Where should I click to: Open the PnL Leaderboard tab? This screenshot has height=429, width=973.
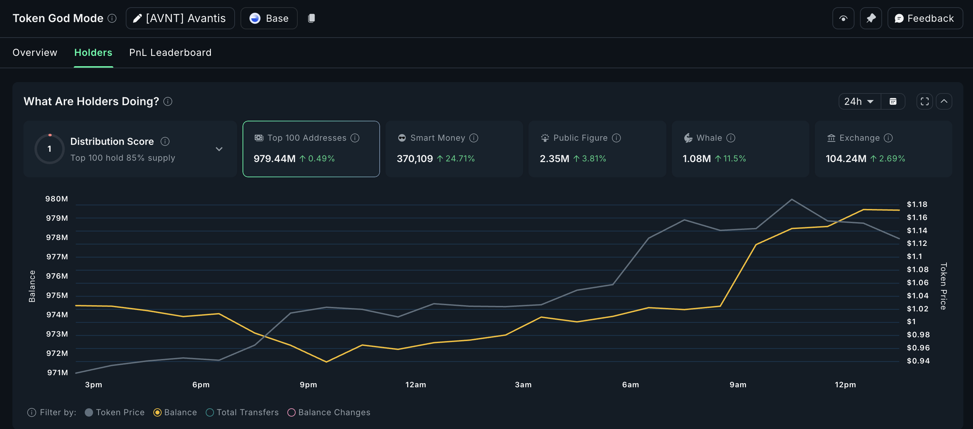click(x=170, y=52)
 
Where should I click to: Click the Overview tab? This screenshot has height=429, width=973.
click(x=35, y=52)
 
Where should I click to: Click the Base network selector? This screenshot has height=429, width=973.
click(x=269, y=18)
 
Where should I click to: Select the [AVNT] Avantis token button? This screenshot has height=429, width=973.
click(x=180, y=18)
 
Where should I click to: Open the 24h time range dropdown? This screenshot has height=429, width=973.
click(x=859, y=101)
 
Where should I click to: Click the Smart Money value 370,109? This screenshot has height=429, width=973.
click(x=414, y=159)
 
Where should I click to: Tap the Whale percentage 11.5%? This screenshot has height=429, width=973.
click(x=734, y=159)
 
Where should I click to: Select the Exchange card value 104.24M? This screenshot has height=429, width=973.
click(x=846, y=159)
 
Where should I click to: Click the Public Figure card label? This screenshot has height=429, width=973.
click(x=580, y=138)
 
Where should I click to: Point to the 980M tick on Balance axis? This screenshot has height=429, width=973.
click(x=57, y=199)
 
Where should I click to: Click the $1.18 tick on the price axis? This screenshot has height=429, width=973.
click(x=917, y=204)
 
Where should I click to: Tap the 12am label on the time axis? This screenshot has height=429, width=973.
click(x=416, y=385)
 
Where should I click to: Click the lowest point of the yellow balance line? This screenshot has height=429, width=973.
click(x=326, y=362)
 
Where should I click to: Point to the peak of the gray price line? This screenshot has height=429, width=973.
click(x=792, y=199)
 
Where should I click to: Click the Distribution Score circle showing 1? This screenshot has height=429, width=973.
click(x=50, y=149)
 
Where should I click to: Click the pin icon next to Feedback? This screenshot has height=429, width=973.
click(x=871, y=18)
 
